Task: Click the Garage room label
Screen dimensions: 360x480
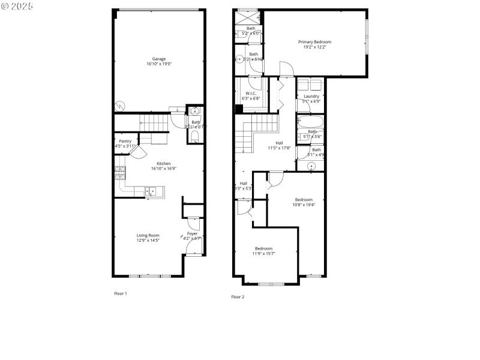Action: (158, 59)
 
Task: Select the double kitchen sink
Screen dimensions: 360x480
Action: (151, 191)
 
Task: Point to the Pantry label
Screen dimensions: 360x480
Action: (125, 141)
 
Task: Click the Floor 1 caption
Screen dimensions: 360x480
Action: (121, 293)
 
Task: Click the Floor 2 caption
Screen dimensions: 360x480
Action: (238, 296)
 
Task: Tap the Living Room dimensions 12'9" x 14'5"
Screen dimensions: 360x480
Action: (148, 241)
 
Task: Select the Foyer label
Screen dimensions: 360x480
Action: (192, 233)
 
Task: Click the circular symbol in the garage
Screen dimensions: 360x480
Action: (120, 106)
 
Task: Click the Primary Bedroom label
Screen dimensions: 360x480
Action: (315, 42)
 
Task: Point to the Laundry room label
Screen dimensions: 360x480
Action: (311, 96)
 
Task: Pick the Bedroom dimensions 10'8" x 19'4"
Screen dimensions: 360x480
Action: (304, 205)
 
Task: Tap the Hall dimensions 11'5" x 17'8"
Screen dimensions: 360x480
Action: (279, 148)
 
